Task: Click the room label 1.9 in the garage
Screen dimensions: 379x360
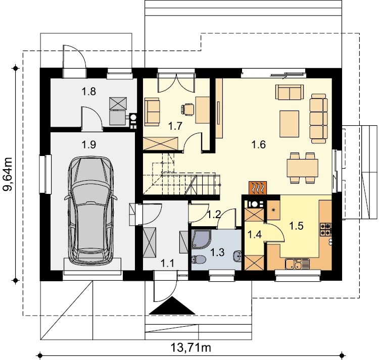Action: click(89, 144)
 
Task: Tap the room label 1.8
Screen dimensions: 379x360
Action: click(89, 91)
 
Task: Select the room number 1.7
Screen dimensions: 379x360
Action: click(175, 126)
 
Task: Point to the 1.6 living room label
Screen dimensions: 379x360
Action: click(259, 144)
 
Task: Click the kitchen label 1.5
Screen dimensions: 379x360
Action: click(296, 226)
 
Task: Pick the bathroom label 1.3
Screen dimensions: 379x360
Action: click(217, 252)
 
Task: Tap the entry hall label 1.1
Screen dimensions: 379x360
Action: click(167, 263)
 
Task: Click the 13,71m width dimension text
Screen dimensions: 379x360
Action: click(191, 348)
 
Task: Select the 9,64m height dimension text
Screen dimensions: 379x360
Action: click(8, 174)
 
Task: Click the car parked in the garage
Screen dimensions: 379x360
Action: click(91, 211)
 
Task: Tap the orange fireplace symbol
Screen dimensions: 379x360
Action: click(258, 188)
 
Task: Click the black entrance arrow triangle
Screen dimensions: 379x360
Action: click(172, 306)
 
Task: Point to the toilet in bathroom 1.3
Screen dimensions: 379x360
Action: click(199, 260)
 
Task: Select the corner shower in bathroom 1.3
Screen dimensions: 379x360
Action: click(201, 239)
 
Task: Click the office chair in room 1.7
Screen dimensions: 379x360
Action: click(187, 109)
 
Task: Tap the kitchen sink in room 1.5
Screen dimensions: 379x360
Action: click(297, 264)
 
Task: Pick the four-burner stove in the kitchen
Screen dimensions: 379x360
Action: click(326, 229)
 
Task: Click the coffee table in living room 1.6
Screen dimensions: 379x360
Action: click(290, 124)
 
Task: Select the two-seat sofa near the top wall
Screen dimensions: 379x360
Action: click(290, 92)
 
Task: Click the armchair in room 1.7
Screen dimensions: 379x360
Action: click(152, 112)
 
